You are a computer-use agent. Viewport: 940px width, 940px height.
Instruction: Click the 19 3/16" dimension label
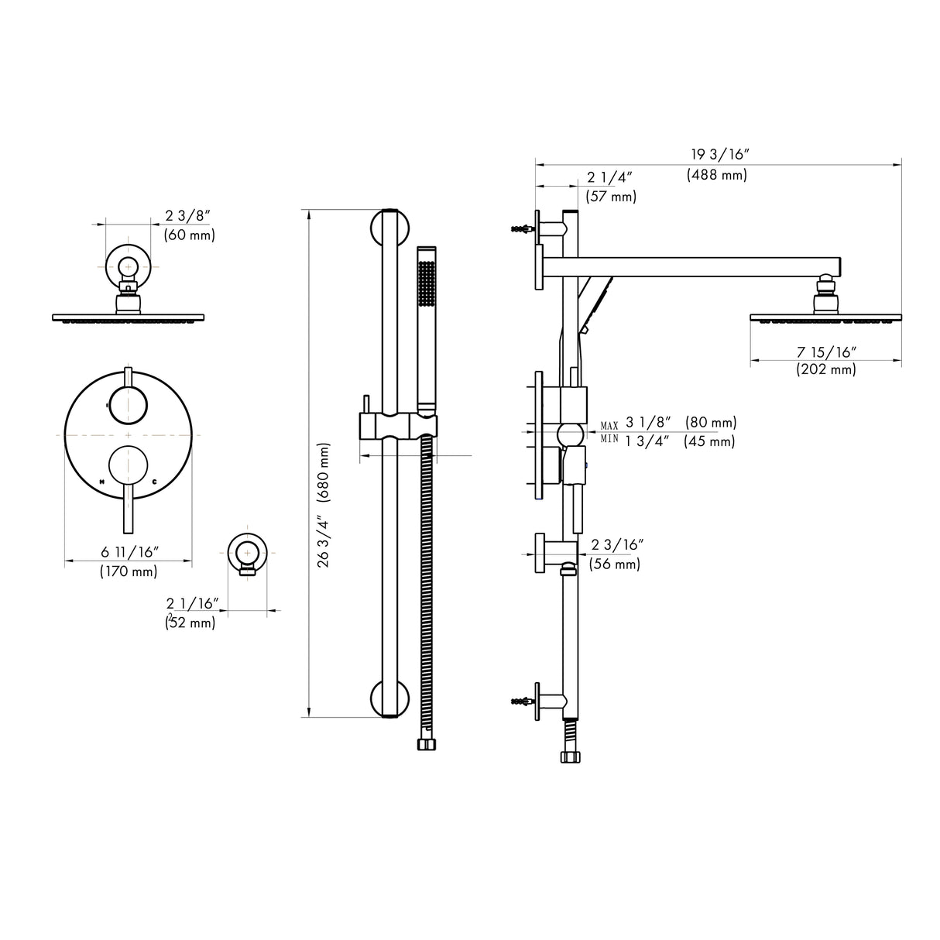point(717,154)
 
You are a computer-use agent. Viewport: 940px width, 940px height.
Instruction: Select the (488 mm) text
point(717,175)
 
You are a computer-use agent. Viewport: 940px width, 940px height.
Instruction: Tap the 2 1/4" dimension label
point(610,177)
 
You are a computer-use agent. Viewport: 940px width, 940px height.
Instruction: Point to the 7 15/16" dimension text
point(826,352)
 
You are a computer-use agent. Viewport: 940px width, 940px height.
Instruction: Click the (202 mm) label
point(826,370)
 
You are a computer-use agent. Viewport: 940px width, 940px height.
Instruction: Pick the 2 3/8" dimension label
point(188,215)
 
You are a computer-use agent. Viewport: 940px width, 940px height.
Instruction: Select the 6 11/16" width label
point(129,552)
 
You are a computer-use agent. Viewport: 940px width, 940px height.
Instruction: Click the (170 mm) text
point(129,572)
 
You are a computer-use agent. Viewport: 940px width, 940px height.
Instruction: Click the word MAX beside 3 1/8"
point(609,427)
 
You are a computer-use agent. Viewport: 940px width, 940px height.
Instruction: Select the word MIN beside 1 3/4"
point(609,439)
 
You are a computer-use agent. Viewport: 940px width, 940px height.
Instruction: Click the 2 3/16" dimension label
point(617,545)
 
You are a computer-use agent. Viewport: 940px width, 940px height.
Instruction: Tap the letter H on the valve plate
point(102,482)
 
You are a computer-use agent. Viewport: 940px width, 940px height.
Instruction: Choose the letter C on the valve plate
point(155,482)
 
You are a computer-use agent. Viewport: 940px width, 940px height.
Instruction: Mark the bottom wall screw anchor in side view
point(520,702)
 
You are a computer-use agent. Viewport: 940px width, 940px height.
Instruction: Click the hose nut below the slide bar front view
point(426,744)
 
